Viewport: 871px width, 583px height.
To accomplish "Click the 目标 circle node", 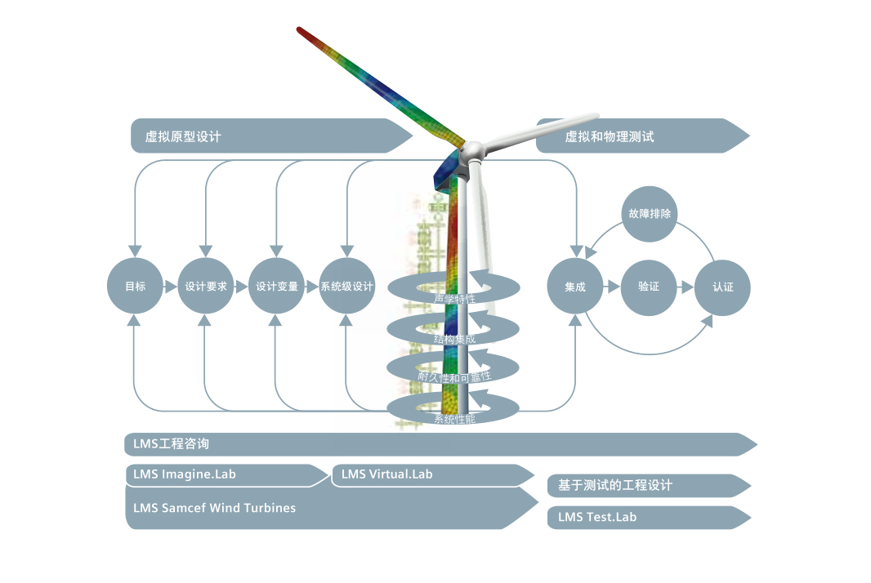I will [x=135, y=287].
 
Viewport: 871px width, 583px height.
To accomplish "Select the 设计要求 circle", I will [x=205, y=287].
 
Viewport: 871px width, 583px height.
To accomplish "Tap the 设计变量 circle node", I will [x=276, y=287].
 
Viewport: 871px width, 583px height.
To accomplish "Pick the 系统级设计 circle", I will [x=346, y=287].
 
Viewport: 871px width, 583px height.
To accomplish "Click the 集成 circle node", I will [x=574, y=287].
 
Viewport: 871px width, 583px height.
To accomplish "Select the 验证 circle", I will [x=649, y=287].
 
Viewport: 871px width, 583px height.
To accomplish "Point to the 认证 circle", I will [x=722, y=287].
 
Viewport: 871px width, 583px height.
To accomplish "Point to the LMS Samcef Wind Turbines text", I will [x=214, y=508].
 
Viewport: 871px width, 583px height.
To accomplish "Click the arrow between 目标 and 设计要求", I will [x=170, y=287].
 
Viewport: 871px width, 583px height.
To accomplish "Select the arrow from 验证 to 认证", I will [x=686, y=287].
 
